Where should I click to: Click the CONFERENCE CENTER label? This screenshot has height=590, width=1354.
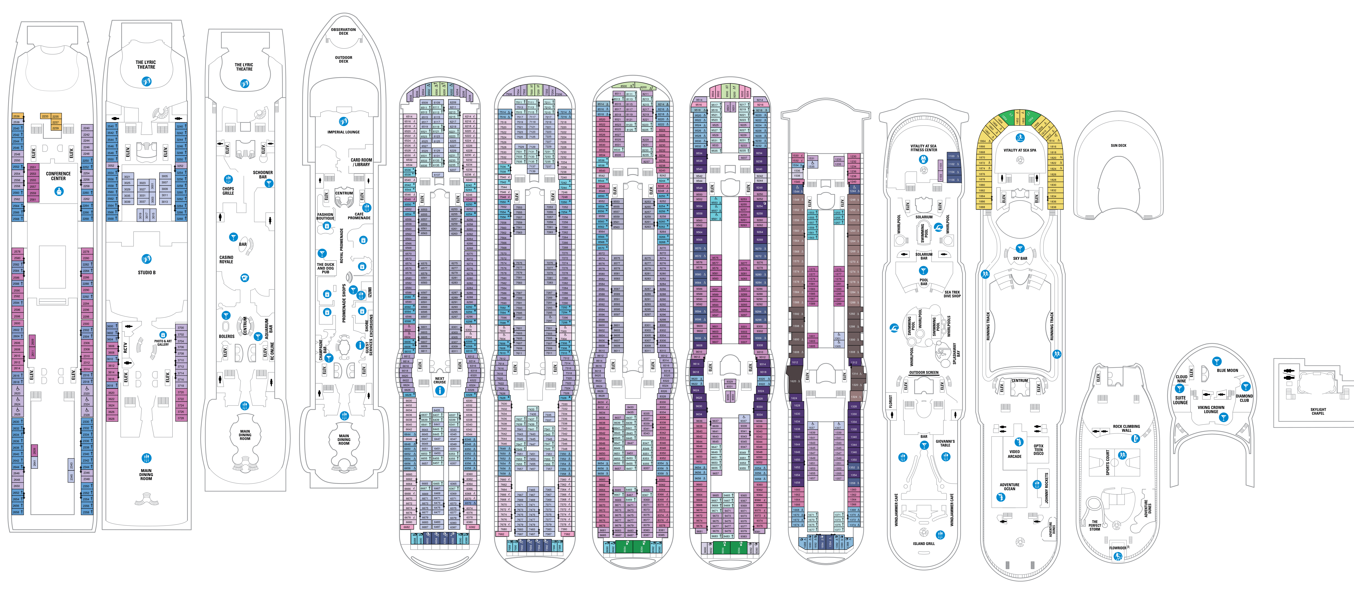(x=58, y=176)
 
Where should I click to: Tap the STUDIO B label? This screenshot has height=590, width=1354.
(x=147, y=272)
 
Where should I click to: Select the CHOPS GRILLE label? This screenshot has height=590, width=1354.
(x=228, y=191)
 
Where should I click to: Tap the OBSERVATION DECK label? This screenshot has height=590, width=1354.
(x=343, y=32)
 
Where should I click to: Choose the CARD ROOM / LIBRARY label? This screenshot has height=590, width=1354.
(x=362, y=162)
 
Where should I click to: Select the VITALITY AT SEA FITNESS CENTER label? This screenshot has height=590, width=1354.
(x=924, y=148)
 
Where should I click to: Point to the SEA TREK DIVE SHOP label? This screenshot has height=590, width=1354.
(x=952, y=294)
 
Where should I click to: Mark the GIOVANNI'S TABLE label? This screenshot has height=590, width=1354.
(x=945, y=443)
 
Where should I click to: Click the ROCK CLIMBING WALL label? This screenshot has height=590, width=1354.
(x=1126, y=429)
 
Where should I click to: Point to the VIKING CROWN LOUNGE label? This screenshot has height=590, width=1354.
(x=1211, y=409)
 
